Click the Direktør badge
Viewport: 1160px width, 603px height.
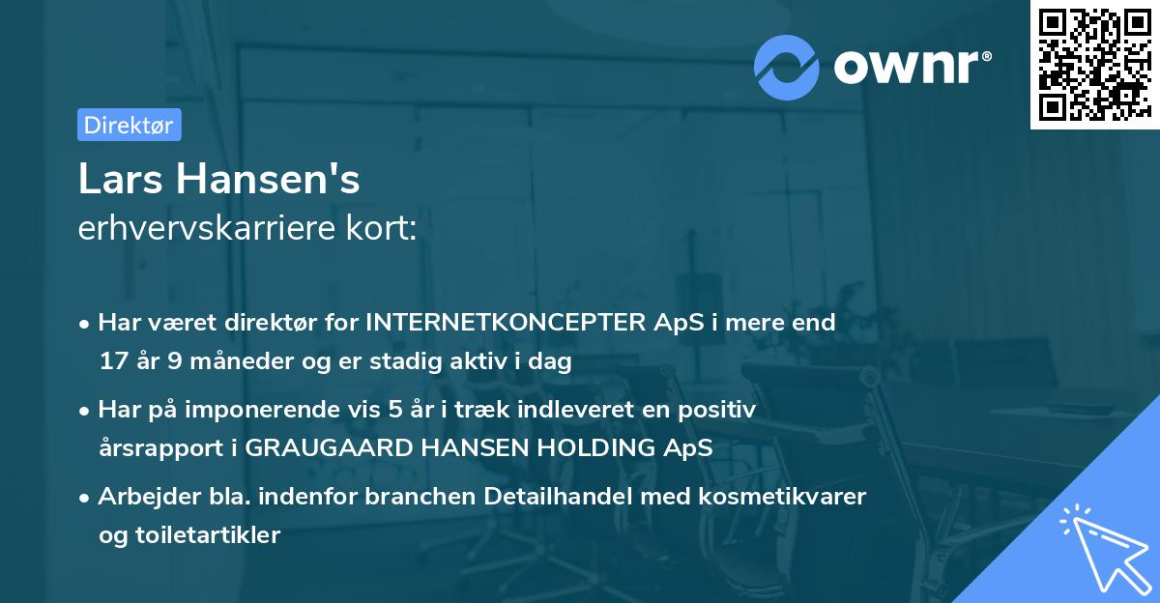(129, 125)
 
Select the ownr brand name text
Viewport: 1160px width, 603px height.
(912, 66)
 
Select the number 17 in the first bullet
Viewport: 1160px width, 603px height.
(112, 361)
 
